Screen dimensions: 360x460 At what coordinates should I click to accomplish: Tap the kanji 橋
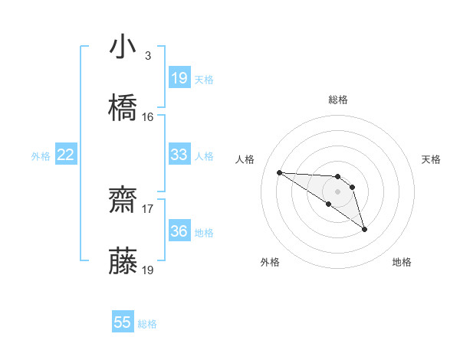pyautogui.click(x=123, y=108)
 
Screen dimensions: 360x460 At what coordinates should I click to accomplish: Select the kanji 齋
pyautogui.click(x=123, y=201)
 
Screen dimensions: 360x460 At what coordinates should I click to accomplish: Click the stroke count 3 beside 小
pyautogui.click(x=147, y=56)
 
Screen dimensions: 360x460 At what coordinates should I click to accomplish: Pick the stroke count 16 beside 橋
pyautogui.click(x=148, y=117)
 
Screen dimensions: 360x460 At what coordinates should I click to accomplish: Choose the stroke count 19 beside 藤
pyautogui.click(x=148, y=270)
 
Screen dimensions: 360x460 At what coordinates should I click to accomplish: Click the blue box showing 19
pyautogui.click(x=179, y=78)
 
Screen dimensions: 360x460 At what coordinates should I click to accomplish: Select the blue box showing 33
pyautogui.click(x=179, y=155)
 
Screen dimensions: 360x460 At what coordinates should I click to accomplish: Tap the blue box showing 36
pyautogui.click(x=179, y=231)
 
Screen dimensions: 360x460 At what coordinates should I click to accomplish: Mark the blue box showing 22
pyautogui.click(x=66, y=155)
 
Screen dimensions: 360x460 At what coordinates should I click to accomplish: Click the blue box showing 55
pyautogui.click(x=123, y=322)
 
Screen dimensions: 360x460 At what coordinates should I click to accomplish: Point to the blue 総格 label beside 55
pyautogui.click(x=147, y=324)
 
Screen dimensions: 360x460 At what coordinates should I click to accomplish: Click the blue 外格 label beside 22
pyautogui.click(x=41, y=156)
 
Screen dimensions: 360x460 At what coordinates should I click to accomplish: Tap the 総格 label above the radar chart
pyautogui.click(x=338, y=100)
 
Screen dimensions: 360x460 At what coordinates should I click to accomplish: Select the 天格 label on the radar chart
pyautogui.click(x=431, y=159)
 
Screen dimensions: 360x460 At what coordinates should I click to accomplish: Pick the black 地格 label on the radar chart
pyautogui.click(x=402, y=262)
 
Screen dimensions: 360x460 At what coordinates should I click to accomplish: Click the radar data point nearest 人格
pyautogui.click(x=280, y=172)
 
